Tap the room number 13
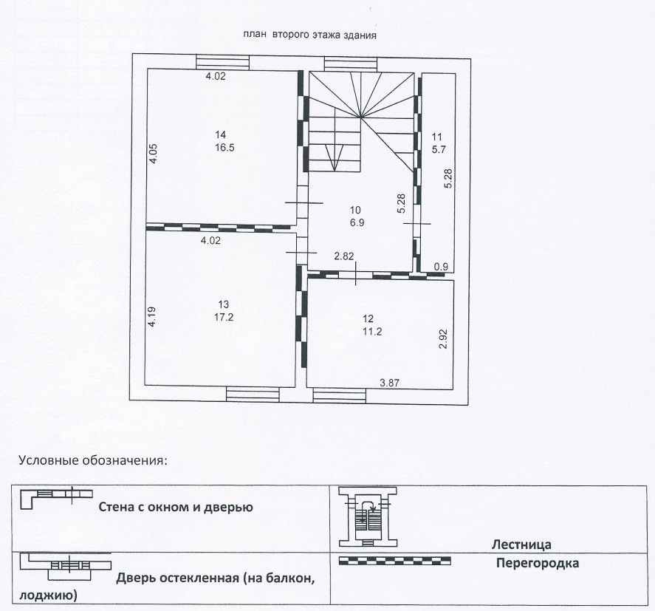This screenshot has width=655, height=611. (x=224, y=304)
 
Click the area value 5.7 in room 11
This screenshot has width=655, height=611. (x=436, y=148)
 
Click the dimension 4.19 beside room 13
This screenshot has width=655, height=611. (x=152, y=318)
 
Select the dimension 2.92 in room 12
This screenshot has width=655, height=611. (x=443, y=338)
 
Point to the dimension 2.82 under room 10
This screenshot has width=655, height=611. (x=344, y=256)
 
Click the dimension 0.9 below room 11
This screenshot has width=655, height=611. (x=441, y=267)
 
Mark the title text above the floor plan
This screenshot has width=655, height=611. (x=310, y=34)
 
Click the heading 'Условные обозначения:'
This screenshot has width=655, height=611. (x=93, y=460)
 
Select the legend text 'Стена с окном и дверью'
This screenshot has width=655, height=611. (x=176, y=508)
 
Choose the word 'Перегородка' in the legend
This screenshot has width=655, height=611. (x=538, y=564)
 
